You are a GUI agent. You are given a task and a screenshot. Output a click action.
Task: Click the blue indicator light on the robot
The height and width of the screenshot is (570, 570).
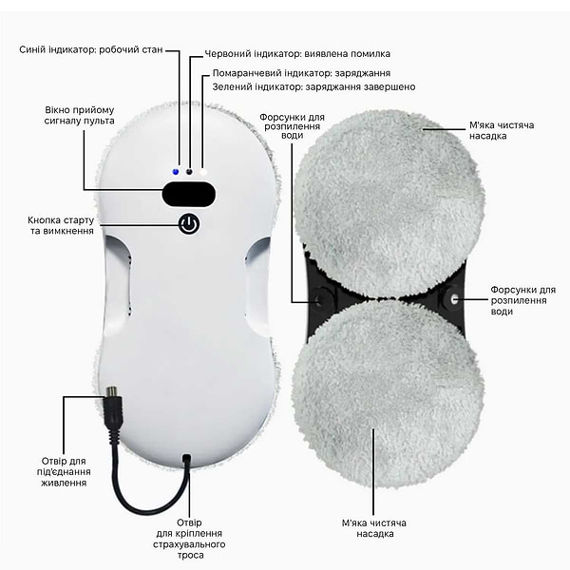[176, 172]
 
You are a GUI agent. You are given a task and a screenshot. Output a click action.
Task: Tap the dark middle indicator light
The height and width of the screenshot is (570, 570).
[189, 172]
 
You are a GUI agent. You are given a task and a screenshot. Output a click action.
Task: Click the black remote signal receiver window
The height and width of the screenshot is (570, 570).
[189, 194]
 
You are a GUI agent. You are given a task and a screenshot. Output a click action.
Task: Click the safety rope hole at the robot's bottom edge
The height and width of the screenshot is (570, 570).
[187, 459]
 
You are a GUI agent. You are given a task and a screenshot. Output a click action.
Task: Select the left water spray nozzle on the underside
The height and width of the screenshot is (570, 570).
[321, 299]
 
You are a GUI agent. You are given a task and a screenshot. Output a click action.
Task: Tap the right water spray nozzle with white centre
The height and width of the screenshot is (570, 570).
[454, 299]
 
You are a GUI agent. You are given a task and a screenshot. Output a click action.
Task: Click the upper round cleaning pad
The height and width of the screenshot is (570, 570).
[389, 204]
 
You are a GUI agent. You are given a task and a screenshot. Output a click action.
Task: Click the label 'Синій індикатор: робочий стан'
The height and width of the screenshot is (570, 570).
[91, 49]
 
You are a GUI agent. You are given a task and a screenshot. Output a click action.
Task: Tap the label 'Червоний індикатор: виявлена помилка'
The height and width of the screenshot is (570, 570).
[297, 54]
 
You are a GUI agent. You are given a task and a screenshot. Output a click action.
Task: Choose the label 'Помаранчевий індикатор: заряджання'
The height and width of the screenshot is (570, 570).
[301, 73]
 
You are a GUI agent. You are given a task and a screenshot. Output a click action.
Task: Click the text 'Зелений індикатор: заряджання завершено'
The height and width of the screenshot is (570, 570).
[313, 86]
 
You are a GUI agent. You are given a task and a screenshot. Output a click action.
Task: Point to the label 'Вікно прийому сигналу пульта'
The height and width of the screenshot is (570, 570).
[79, 115]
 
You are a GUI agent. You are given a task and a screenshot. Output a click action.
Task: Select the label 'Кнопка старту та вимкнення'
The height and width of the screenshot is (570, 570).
[61, 225]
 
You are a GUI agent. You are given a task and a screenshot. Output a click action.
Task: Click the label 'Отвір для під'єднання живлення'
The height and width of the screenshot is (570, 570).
[64, 472]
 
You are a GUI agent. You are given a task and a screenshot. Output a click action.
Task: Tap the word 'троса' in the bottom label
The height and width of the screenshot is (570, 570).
[191, 555]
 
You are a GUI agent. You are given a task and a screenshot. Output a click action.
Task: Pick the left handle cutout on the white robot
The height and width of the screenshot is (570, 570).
[118, 282]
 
